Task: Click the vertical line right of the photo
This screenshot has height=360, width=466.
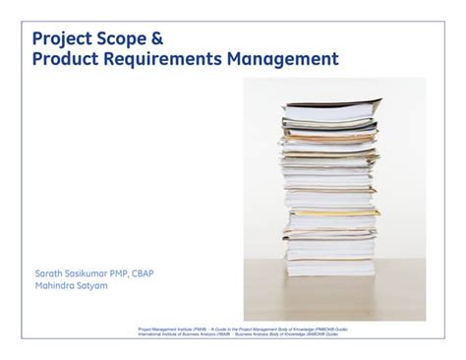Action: point(439,197)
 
